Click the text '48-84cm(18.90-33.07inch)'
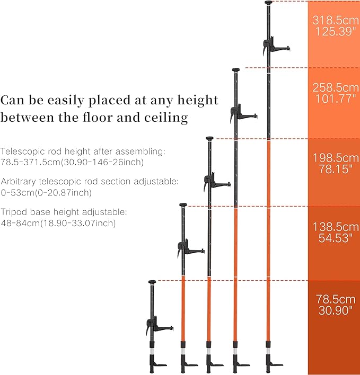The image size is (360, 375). click(58, 223)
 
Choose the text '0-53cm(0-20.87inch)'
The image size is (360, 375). click(46, 192)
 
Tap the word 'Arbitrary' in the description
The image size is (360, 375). click(20, 181)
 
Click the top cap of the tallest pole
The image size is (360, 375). click(268, 3)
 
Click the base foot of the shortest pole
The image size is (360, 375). click(156, 364)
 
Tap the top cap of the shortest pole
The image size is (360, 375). click(152, 282)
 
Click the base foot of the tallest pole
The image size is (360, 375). click(273, 364)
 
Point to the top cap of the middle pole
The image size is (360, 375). click(210, 139)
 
